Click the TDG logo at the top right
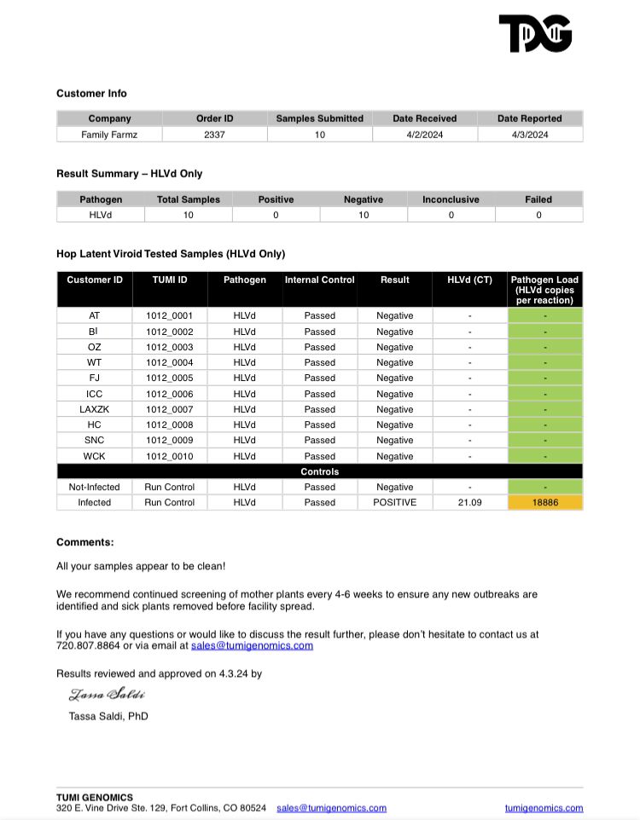pos(535,33)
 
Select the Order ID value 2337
pos(214,135)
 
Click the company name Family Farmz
pos(109,135)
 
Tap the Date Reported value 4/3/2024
pos(530,135)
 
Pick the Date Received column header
pos(424,118)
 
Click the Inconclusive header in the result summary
pos(451,199)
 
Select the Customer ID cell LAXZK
pos(95,409)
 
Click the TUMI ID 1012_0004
pos(169,362)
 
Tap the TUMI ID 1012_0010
pos(169,456)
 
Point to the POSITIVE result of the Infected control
pos(394,502)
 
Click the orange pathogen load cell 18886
pos(544,502)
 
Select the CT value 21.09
pos(469,502)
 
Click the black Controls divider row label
pos(319,471)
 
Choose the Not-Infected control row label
pos(95,487)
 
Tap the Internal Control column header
pos(319,280)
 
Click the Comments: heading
pos(84,542)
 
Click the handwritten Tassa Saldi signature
pos(107,694)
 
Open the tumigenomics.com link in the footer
pos(544,808)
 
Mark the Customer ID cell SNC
pos(95,440)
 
